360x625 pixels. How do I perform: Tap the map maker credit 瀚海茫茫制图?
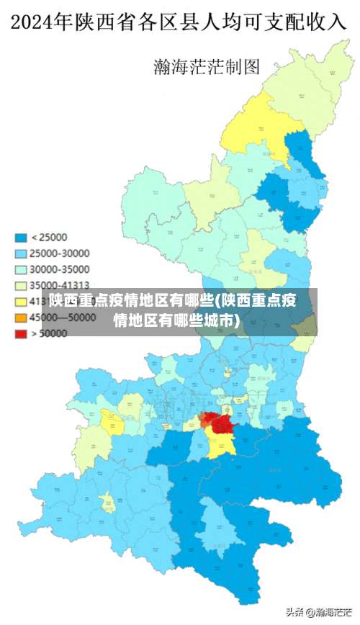pyautogui.click(x=206, y=67)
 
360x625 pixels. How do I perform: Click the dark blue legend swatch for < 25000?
pyautogui.click(x=22, y=238)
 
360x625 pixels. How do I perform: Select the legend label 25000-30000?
pyautogui.click(x=60, y=253)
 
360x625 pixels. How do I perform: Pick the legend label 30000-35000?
pyautogui.click(x=60, y=269)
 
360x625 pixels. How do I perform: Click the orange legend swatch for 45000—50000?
pyautogui.click(x=22, y=318)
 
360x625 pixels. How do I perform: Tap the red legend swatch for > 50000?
pyautogui.click(x=22, y=333)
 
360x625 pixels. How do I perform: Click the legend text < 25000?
pyautogui.click(x=50, y=238)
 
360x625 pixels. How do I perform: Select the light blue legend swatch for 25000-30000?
pyautogui.click(x=22, y=253)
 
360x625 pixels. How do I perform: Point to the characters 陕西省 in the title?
pyautogui.click(x=112, y=22)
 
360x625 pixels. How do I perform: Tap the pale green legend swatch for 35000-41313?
pyautogui.click(x=22, y=285)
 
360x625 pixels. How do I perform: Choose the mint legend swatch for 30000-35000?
pyautogui.click(x=22, y=269)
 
